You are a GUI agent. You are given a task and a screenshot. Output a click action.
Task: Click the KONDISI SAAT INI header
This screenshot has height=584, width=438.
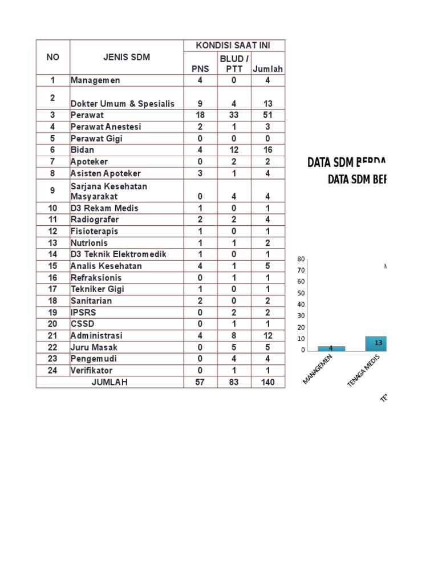234,46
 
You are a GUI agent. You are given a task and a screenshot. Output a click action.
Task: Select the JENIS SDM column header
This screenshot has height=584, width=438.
127,57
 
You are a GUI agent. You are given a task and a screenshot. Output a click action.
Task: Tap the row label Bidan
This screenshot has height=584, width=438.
83,150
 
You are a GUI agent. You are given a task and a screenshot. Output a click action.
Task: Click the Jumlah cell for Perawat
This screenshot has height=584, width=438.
268,115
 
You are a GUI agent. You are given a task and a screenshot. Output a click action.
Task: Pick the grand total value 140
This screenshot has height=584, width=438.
268,382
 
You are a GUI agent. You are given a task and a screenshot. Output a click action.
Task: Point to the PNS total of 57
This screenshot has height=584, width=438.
200,382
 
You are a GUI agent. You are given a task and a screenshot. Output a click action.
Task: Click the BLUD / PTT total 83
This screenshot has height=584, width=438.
234,382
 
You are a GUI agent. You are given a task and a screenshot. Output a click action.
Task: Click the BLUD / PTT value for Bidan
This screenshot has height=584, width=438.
234,150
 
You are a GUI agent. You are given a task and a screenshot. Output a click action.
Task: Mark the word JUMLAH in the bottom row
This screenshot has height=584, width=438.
109,382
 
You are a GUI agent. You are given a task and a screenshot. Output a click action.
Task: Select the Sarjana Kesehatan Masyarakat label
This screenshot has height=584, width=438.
109,191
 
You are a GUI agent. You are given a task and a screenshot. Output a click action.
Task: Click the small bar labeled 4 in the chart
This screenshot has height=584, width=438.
331,348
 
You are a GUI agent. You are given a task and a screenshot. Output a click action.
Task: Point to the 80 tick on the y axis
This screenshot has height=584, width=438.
302,259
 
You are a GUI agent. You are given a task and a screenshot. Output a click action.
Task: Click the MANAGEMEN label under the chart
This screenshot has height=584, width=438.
318,370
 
